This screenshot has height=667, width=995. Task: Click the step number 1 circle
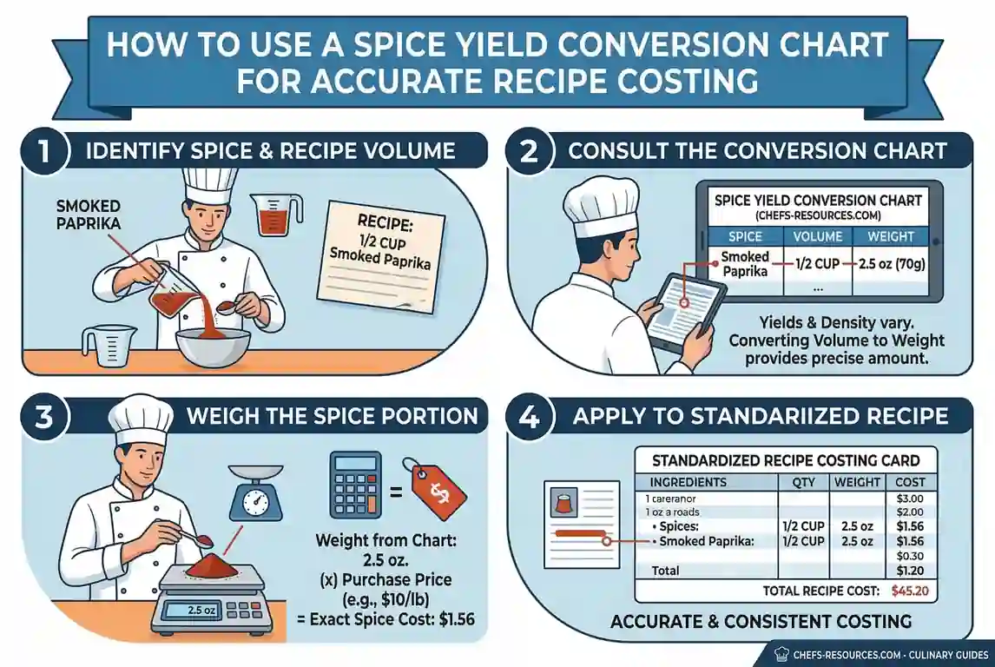pyautogui.click(x=43, y=152)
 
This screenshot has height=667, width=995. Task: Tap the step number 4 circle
pyautogui.click(x=530, y=417)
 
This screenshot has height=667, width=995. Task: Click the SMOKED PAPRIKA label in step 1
pyautogui.click(x=89, y=215)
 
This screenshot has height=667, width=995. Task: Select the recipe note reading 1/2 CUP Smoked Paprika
pyautogui.click(x=381, y=255)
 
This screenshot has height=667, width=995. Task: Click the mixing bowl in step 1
pyautogui.click(x=211, y=346)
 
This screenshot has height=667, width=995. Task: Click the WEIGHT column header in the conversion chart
pyautogui.click(x=890, y=237)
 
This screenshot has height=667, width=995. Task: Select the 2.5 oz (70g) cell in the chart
pyautogui.click(x=892, y=263)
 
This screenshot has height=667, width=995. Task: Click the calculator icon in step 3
pyautogui.click(x=355, y=485)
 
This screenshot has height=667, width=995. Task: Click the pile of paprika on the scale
pyautogui.click(x=212, y=565)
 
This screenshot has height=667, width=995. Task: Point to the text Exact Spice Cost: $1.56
pyautogui.click(x=392, y=619)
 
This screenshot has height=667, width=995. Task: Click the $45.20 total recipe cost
pyautogui.click(x=909, y=591)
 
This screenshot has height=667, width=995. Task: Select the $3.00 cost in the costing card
pyautogui.click(x=909, y=499)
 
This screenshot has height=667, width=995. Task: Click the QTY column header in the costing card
pyautogui.click(x=803, y=482)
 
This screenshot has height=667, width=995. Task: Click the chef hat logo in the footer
pyautogui.click(x=781, y=654)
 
